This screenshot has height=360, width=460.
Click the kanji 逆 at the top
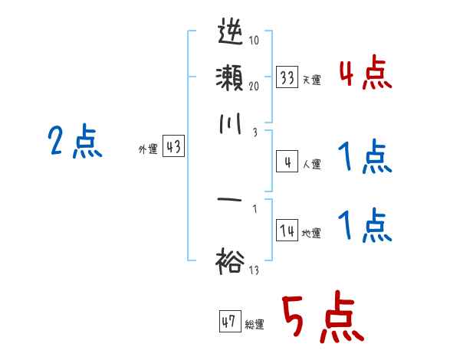point(230,34)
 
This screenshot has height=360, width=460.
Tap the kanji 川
point(230,124)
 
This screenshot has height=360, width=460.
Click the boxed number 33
point(287,77)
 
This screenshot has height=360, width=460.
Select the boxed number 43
point(173,148)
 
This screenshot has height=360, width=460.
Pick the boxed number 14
point(287,231)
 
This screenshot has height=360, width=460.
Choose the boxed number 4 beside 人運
point(287,162)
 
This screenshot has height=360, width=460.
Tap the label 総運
point(255,325)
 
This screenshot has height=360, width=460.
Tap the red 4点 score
point(364,75)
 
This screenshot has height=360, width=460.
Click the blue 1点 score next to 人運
point(364,158)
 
